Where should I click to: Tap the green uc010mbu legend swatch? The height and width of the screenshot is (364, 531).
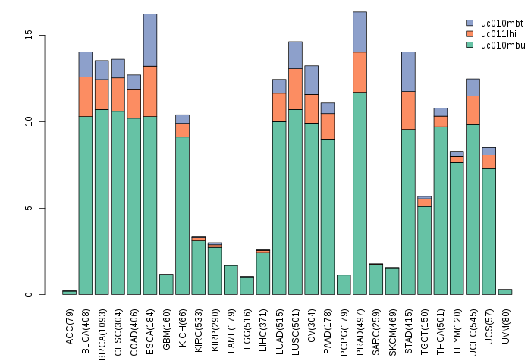tap(470, 45)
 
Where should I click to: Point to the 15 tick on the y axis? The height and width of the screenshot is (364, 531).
tap(29, 36)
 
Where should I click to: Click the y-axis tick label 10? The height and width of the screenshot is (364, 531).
tap(29, 122)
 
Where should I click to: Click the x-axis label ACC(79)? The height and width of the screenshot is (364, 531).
tap(70, 326)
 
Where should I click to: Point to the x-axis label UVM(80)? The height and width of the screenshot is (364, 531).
tap(505, 326)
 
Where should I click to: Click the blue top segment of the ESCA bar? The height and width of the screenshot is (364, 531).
tap(150, 40)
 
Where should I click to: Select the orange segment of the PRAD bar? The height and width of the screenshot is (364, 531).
tap(360, 72)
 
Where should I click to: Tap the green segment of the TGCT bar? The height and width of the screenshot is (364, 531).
tap(424, 250)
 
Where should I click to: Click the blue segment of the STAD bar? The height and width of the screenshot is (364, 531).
tap(408, 71)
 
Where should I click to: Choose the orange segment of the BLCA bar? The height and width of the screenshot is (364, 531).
tap(86, 96)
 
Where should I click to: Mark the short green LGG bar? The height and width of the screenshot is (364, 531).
tap(247, 286)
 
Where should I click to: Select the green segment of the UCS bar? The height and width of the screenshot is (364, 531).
tap(489, 231)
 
